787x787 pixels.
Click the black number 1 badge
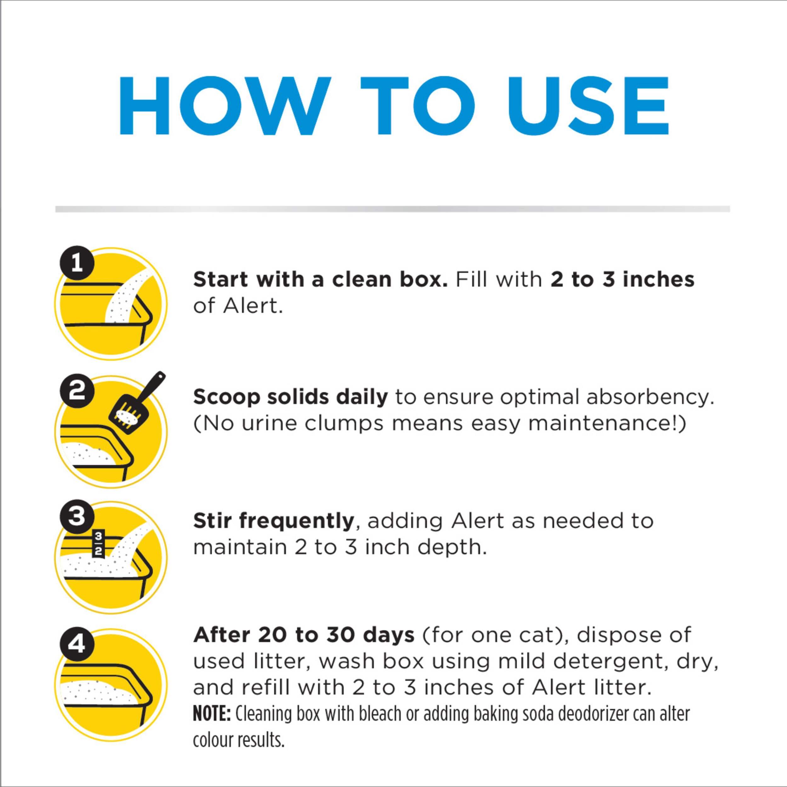pos(77,265)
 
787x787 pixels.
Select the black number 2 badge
pos(77,391)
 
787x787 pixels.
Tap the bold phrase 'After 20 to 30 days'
pos(303,635)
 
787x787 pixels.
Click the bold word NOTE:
pos(212,714)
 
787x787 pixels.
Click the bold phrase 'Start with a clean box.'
pos(320,280)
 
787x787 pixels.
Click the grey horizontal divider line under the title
pos(393,209)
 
